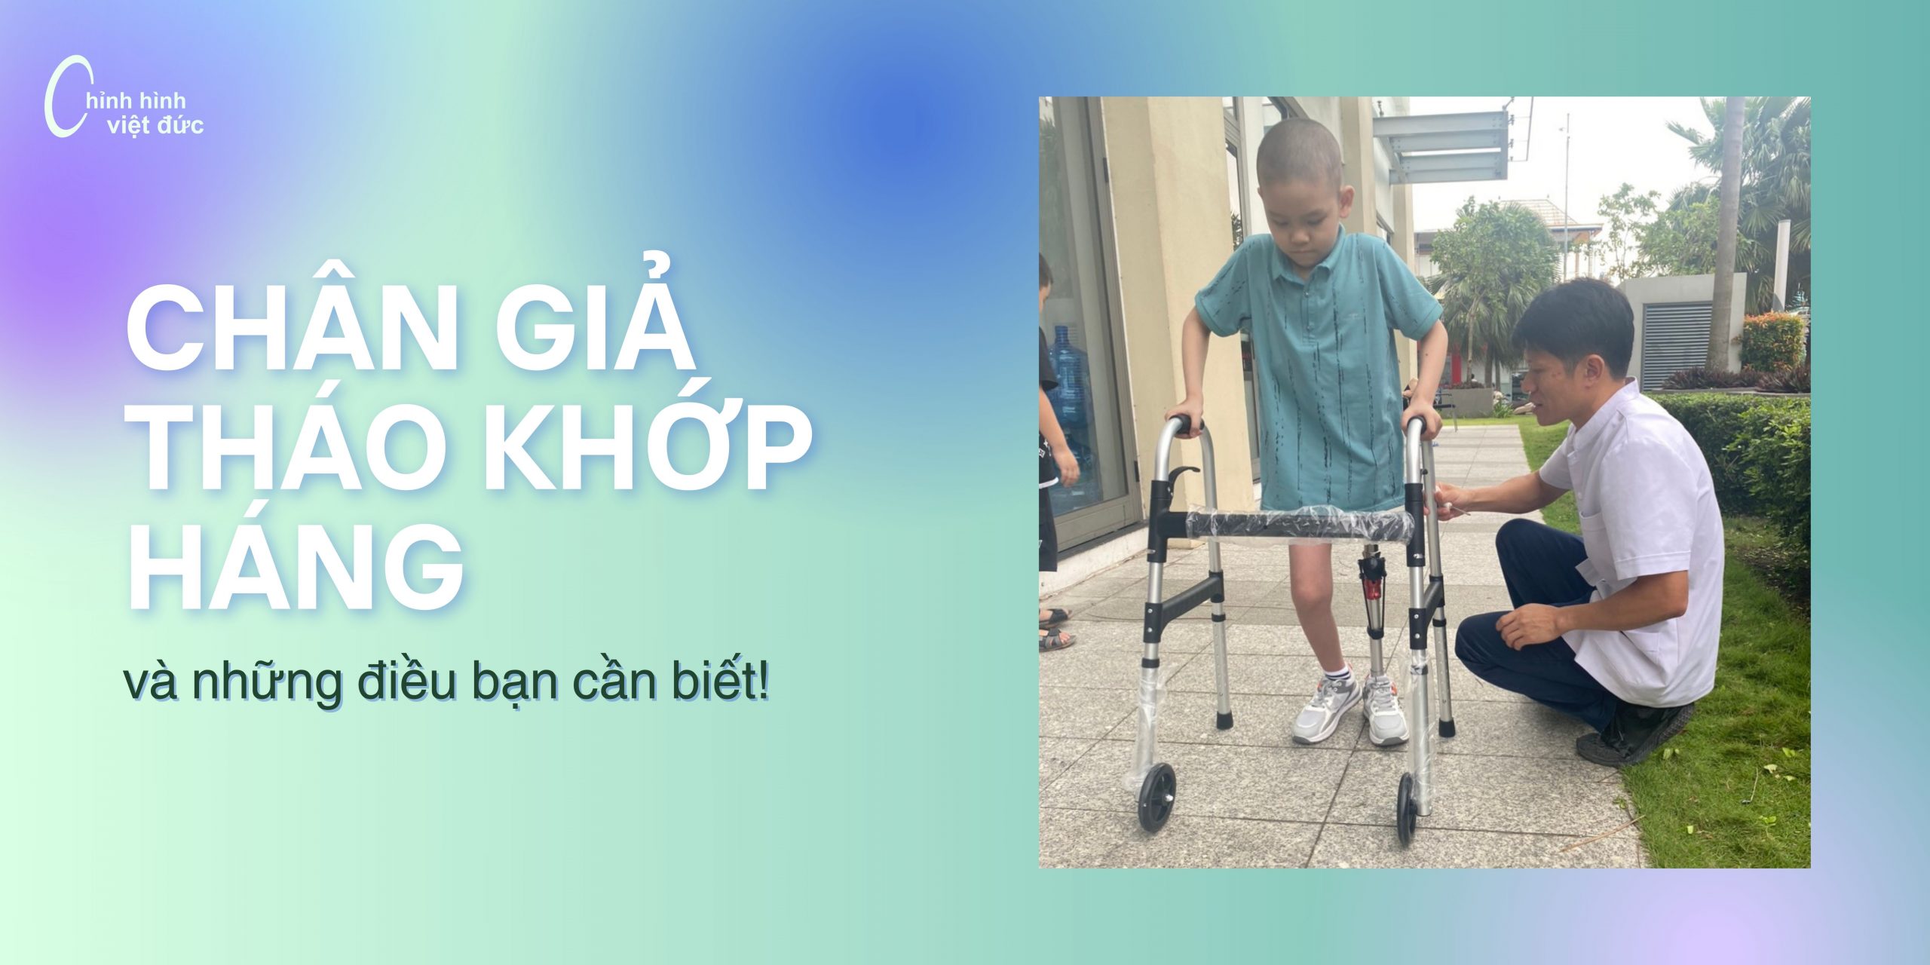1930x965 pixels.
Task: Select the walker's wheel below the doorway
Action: click(x=1156, y=796)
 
